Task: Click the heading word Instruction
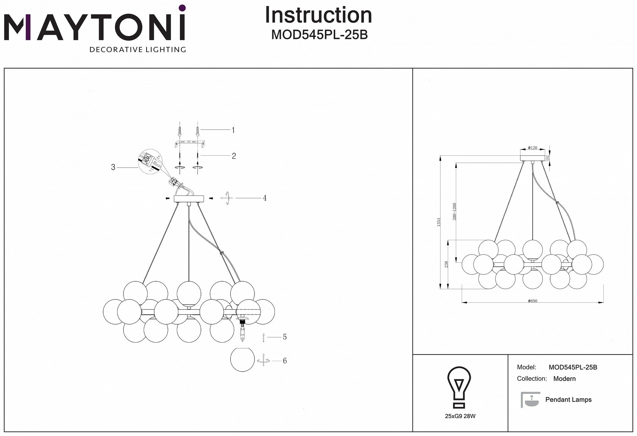coord(318,15)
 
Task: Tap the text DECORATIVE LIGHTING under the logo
coord(138,49)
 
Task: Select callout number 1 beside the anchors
coord(233,130)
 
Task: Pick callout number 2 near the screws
coord(234,156)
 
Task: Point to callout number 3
coord(113,167)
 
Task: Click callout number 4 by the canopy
coord(264,198)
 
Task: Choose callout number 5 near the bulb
coord(284,337)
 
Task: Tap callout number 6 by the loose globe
coord(284,361)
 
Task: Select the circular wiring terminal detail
coord(150,161)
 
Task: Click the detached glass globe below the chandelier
coord(242,359)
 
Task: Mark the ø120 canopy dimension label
coord(532,148)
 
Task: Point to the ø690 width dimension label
coord(533,301)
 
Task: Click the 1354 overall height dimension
coord(439,222)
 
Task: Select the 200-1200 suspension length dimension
coord(454,211)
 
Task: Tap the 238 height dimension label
coord(447,264)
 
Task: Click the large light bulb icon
coord(459,388)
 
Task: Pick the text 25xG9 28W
coord(460,416)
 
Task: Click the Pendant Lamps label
coord(568,400)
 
